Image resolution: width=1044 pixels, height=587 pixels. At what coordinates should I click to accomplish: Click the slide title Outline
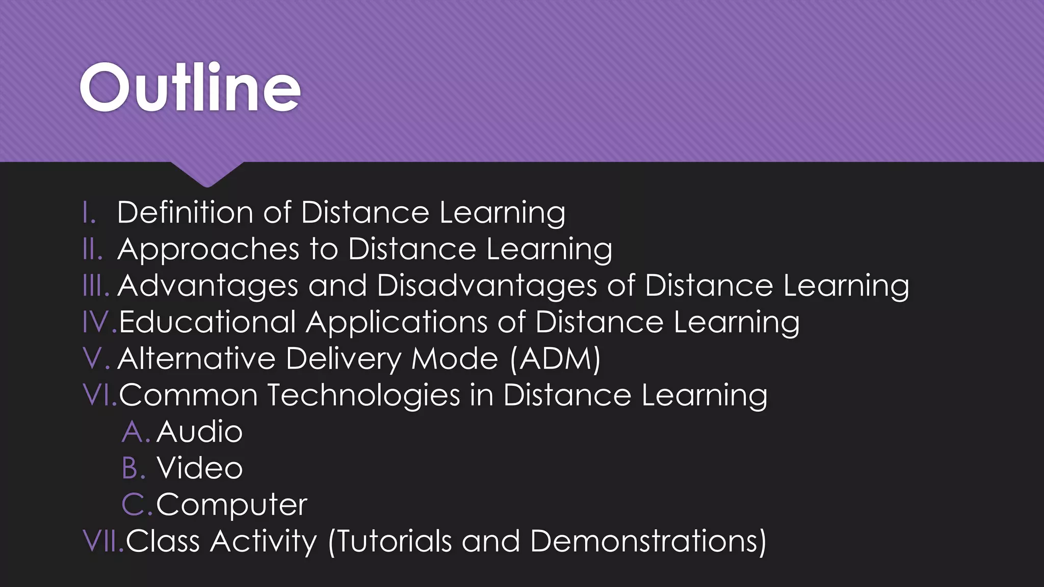[190, 88]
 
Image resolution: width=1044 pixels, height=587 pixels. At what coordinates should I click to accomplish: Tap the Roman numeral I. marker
[90, 212]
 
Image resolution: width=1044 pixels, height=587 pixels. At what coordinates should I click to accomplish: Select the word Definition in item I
[185, 212]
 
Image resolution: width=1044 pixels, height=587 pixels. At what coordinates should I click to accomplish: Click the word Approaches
[208, 250]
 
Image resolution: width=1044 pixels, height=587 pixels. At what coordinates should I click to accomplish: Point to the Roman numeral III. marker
[96, 286]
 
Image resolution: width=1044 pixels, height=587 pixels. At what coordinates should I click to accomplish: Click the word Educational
[207, 323]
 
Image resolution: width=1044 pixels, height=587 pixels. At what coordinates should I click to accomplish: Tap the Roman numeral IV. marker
[99, 323]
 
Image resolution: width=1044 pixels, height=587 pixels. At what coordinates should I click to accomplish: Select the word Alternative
[196, 359]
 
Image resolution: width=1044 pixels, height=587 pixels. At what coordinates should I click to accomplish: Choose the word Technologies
[363, 395]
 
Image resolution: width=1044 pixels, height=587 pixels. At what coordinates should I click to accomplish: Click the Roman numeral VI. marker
[100, 395]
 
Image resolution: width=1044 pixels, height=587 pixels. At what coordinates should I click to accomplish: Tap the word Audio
[199, 432]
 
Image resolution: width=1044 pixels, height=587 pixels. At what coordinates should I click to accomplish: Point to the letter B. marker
[134, 468]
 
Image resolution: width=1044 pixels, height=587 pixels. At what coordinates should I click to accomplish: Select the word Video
[200, 468]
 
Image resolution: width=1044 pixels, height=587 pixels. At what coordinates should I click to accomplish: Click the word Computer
[231, 505]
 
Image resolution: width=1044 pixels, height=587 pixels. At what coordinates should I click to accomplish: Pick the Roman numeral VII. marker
[103, 541]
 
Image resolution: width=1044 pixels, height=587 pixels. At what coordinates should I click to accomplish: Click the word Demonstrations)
[648, 541]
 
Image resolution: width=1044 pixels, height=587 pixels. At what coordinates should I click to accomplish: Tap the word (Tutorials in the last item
[390, 541]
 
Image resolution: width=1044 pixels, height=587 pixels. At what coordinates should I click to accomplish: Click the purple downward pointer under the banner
[207, 174]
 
